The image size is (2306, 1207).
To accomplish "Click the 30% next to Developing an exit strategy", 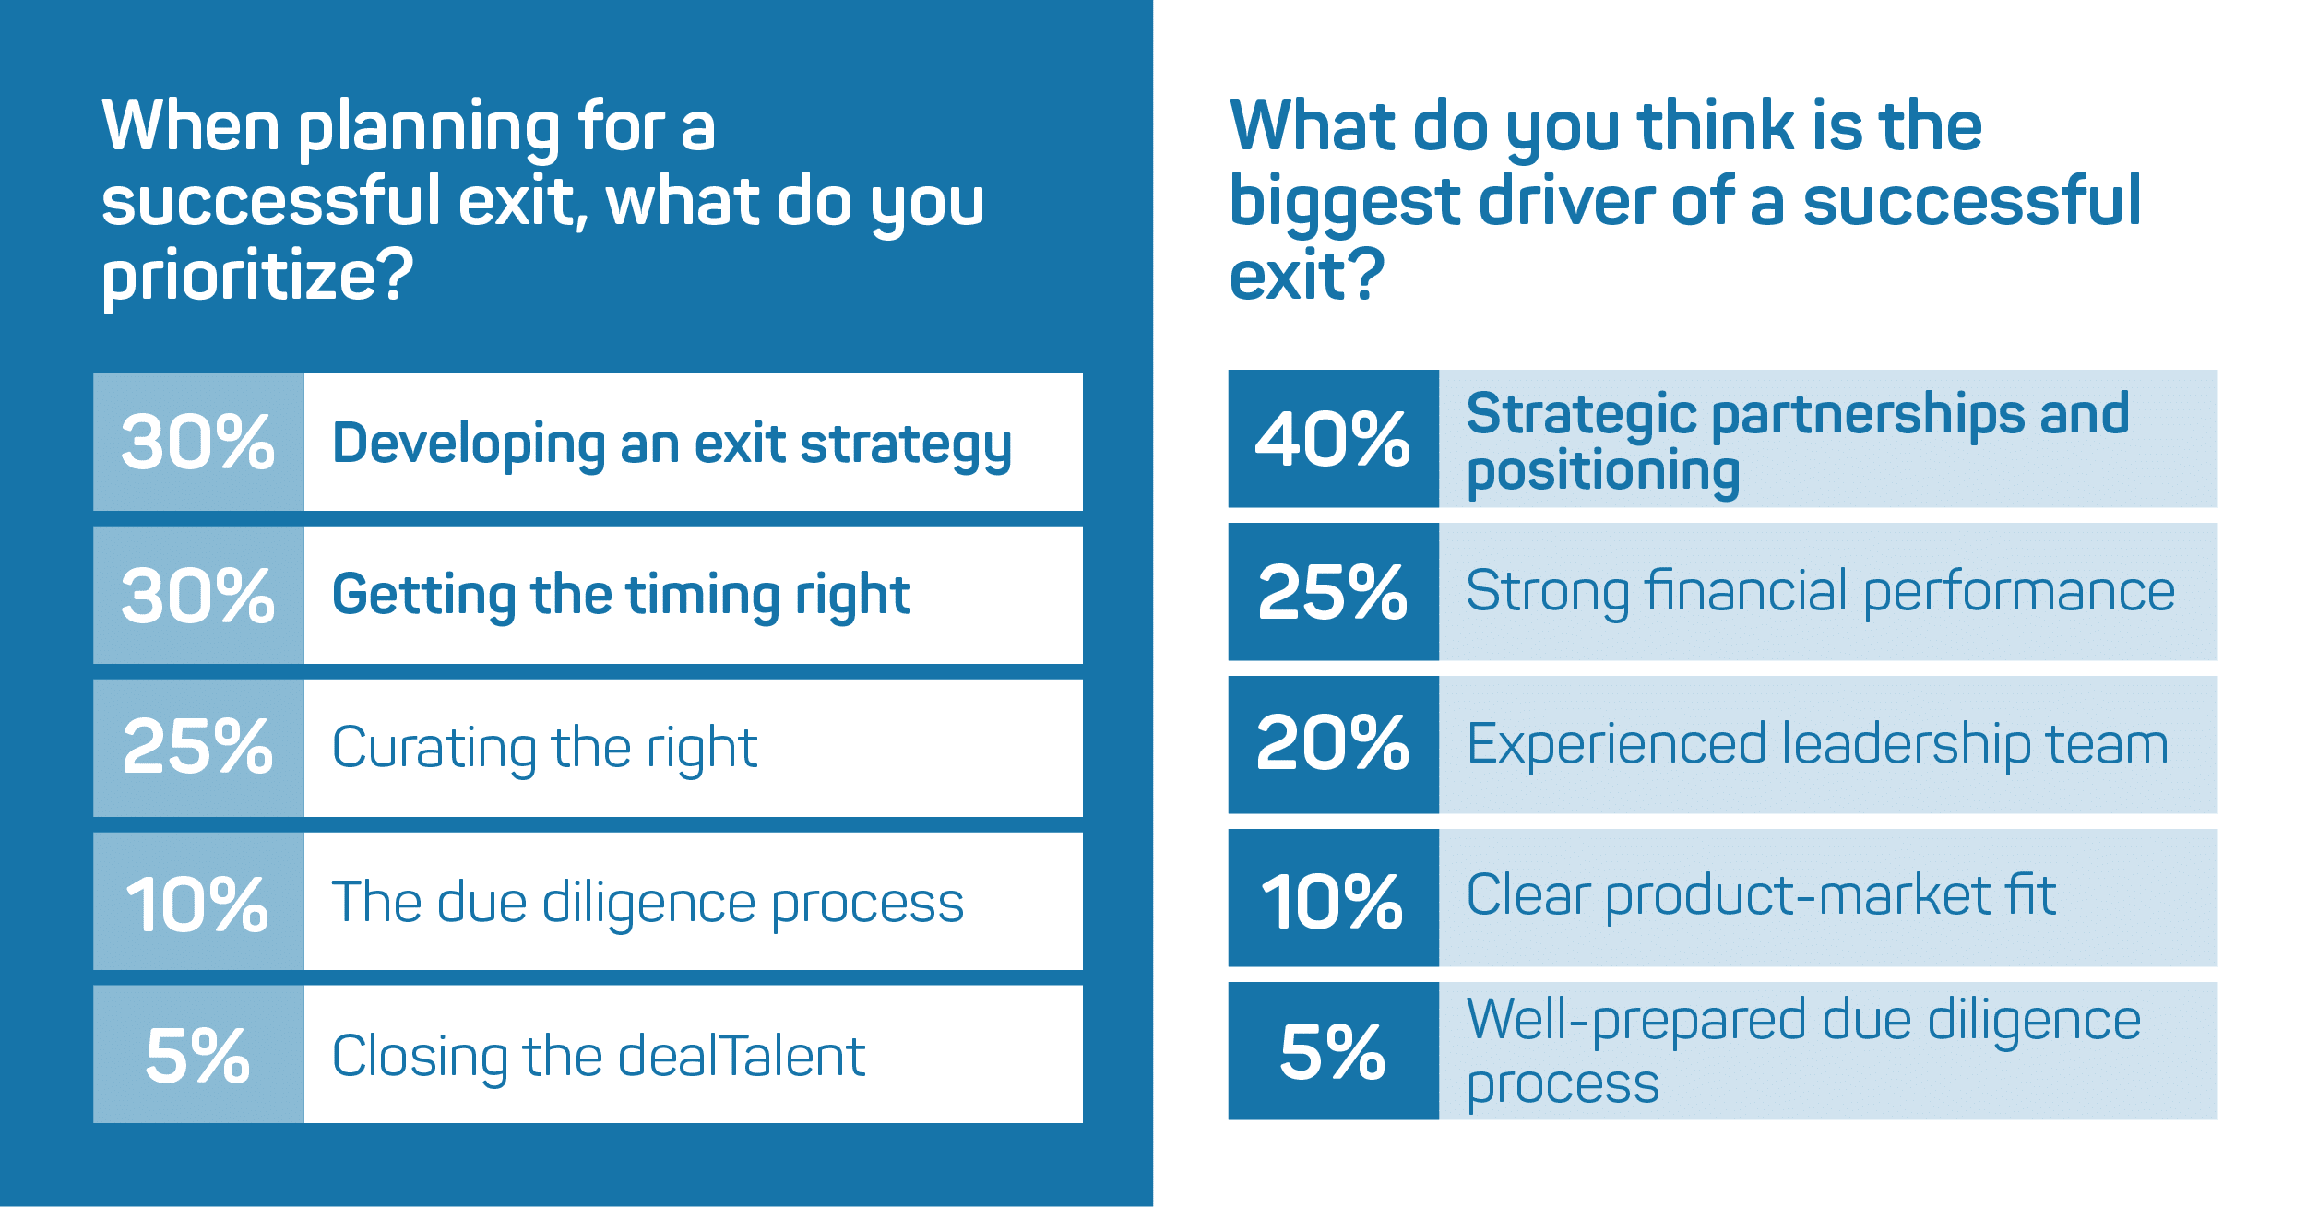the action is click(198, 443).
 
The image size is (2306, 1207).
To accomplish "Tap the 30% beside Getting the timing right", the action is click(198, 596).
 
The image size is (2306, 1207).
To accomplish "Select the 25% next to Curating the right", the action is click(198, 747).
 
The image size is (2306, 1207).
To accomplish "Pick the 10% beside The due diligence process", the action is click(197, 904).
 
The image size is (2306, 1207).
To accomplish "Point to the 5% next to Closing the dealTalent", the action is click(197, 1056).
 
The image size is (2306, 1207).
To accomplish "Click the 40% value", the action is click(1333, 439).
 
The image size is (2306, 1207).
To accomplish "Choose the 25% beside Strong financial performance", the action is click(1333, 592).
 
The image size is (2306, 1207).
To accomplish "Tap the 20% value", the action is click(1333, 743).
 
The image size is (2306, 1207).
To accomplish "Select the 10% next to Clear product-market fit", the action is click(1332, 901).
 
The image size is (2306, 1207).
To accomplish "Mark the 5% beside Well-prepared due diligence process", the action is click(1333, 1052).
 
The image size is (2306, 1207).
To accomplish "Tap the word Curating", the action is click(434, 750).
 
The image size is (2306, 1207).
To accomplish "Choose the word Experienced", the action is click(1616, 746).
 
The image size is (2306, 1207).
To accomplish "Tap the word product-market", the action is click(1799, 897).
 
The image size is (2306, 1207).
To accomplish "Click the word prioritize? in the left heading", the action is click(257, 278).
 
